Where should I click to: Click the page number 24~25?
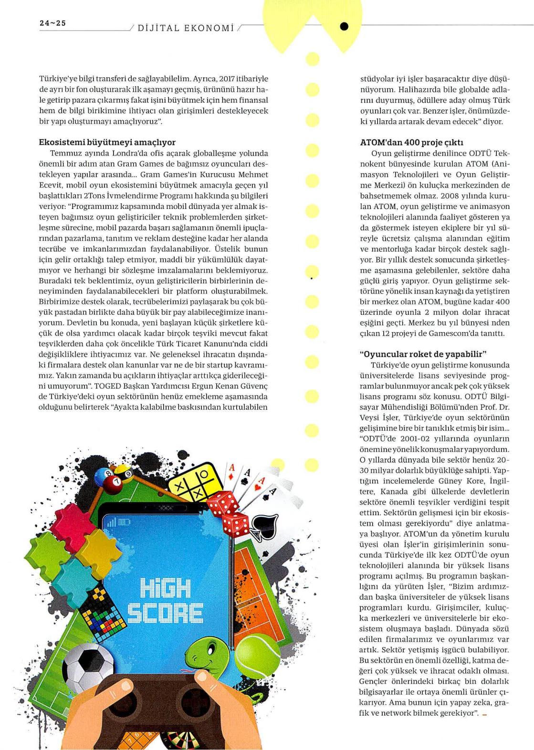52,23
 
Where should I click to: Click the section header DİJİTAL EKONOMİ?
186,28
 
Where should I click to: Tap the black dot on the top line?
345,27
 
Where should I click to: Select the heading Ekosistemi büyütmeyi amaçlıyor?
107,142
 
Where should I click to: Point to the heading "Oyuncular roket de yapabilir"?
422,354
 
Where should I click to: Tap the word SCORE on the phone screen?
165,612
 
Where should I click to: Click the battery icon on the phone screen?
124,522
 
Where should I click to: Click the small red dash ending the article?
485,714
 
